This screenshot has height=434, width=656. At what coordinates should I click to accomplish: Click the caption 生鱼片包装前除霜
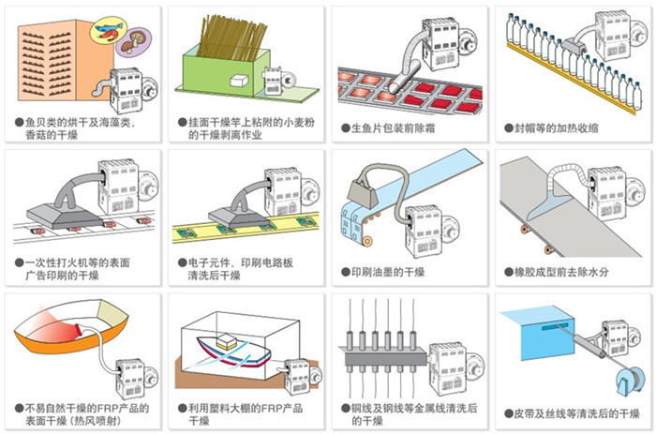tap(390, 127)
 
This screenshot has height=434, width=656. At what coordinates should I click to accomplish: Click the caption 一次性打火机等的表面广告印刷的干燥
tap(60, 270)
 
